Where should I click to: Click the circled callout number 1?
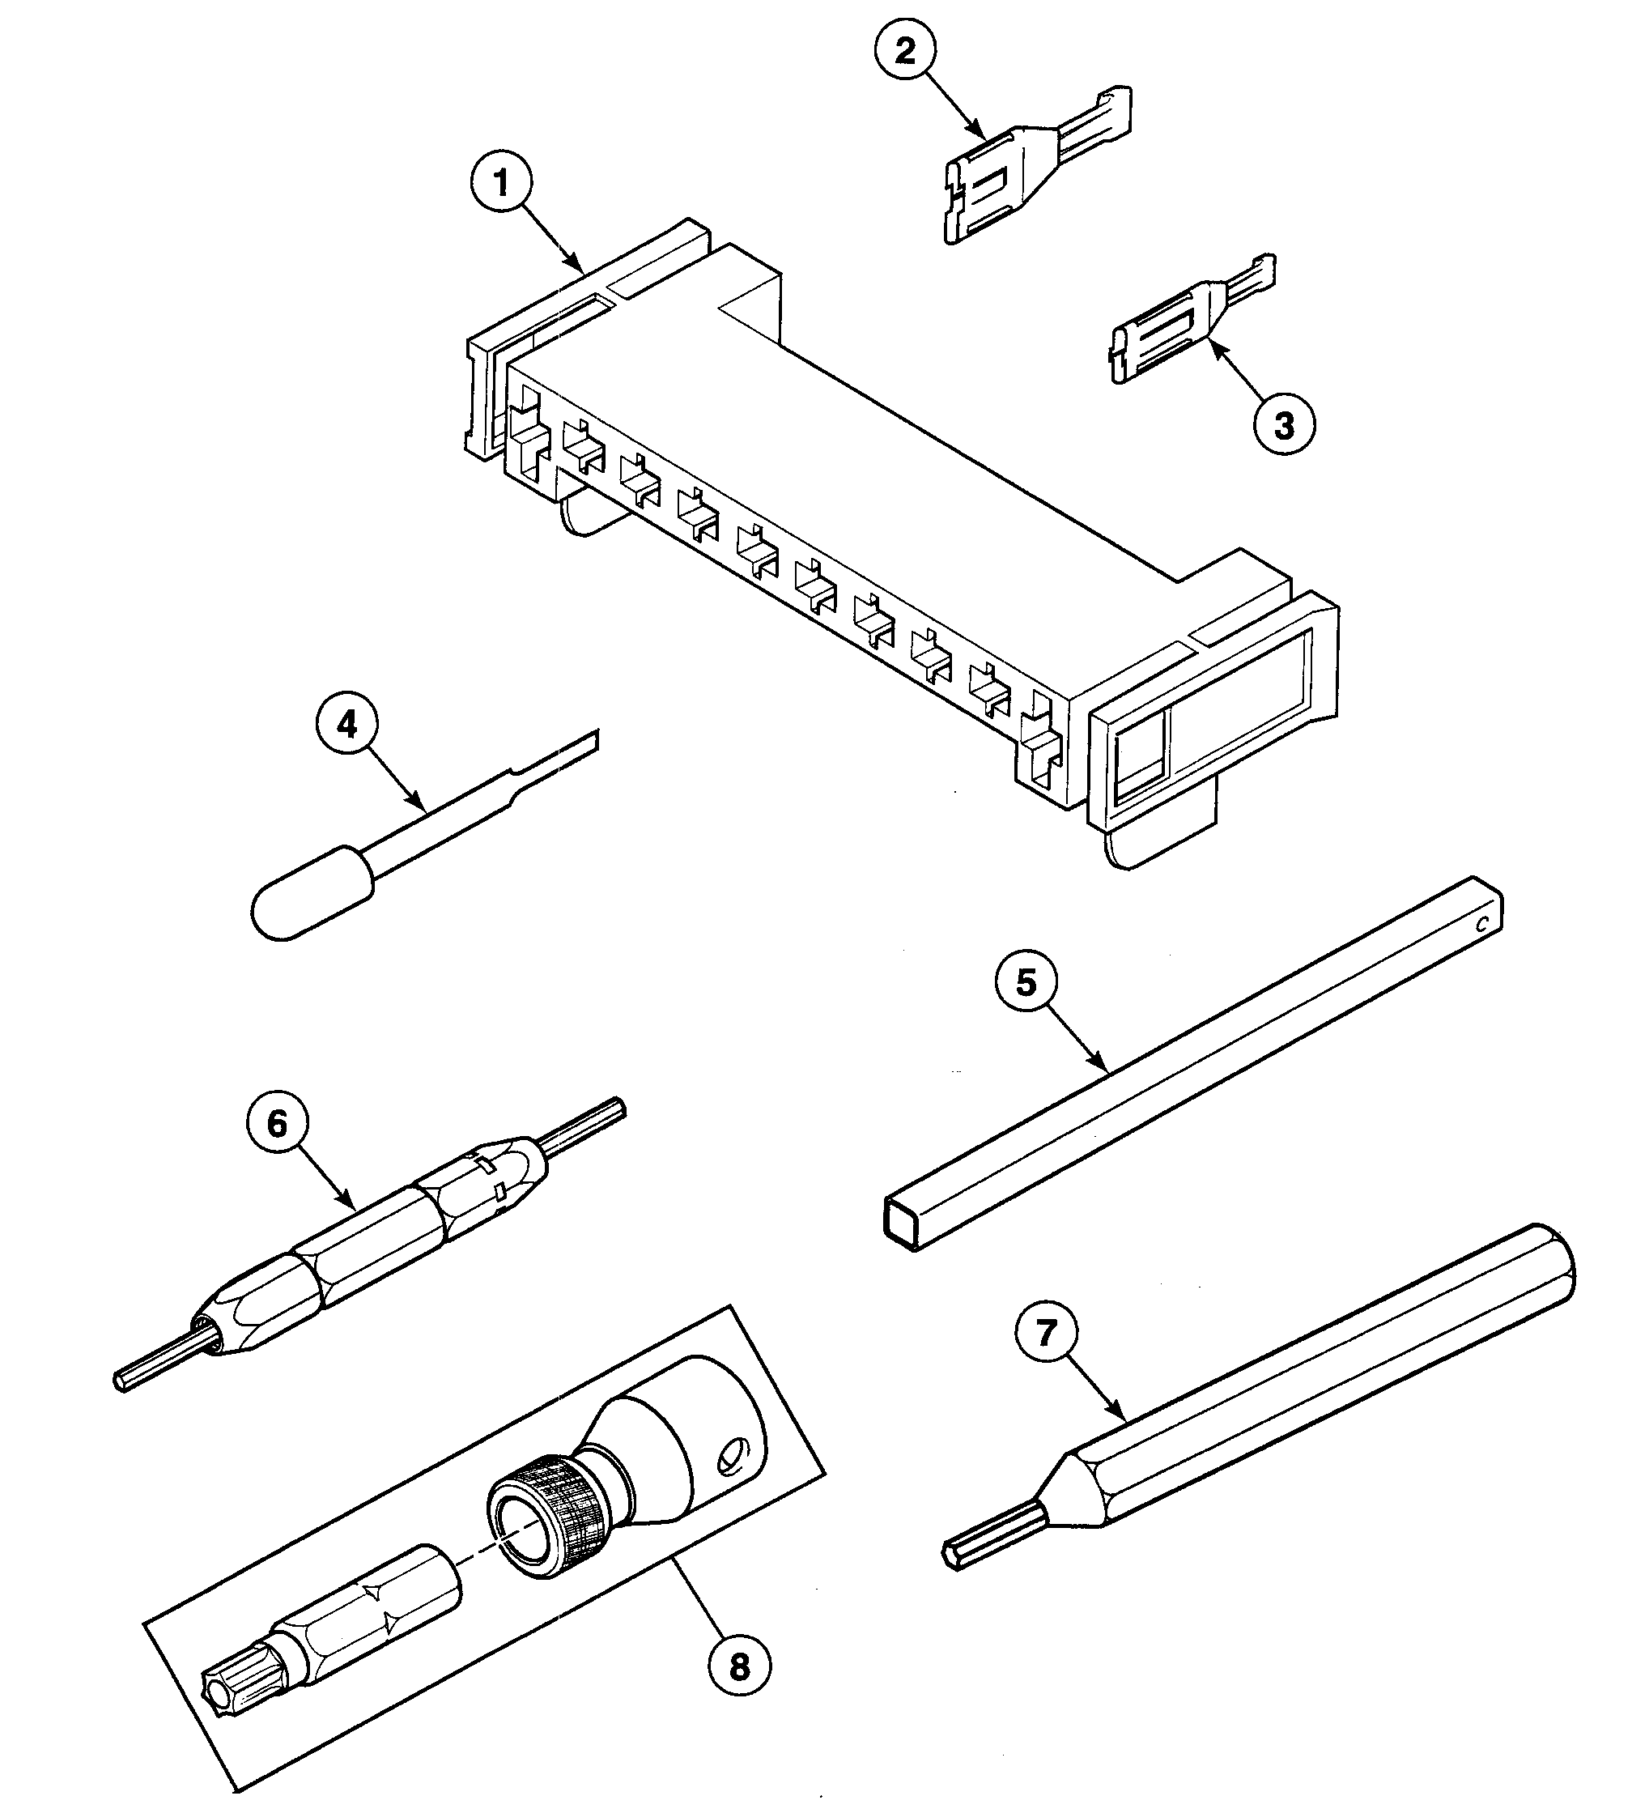(x=502, y=184)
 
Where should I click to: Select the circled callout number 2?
(x=906, y=51)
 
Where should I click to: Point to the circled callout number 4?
(x=347, y=724)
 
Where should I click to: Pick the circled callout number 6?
(x=277, y=1124)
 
